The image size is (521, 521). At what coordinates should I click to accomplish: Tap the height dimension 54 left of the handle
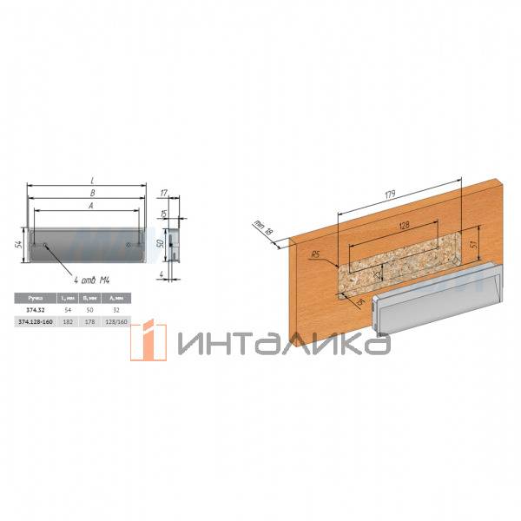pyautogui.click(x=18, y=244)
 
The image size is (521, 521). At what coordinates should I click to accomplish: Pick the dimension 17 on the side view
pyautogui.click(x=164, y=194)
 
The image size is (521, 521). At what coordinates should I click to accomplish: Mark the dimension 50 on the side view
pyautogui.click(x=160, y=243)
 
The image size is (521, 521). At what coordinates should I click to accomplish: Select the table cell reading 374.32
pyautogui.click(x=35, y=309)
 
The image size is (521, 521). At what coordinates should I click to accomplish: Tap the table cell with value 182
pyautogui.click(x=69, y=321)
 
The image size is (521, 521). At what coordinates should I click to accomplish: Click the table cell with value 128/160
pyautogui.click(x=115, y=321)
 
